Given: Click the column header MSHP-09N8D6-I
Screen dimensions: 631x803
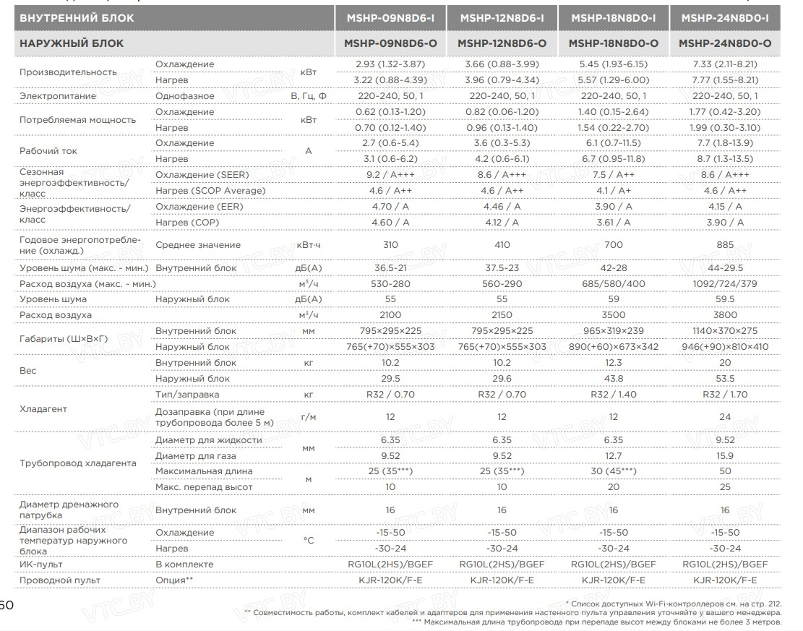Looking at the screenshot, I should [390, 17].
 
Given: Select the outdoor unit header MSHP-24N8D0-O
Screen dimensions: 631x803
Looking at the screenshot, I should [725, 43].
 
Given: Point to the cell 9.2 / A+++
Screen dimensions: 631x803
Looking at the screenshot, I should [390, 175].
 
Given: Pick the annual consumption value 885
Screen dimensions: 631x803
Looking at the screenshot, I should [725, 245].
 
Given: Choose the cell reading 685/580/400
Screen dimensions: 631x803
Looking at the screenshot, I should [614, 284].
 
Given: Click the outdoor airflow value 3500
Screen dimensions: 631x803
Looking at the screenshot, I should [614, 315].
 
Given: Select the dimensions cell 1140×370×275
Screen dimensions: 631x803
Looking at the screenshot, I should [725, 331].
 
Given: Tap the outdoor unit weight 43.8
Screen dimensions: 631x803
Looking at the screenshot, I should [614, 378].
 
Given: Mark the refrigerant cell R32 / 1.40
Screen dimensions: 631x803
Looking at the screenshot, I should [614, 395].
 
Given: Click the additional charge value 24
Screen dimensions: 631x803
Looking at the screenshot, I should [725, 417].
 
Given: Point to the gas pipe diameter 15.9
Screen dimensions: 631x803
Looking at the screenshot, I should [725, 456].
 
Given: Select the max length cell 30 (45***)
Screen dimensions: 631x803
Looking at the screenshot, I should [614, 471].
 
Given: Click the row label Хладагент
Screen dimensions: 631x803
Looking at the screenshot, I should [43, 409].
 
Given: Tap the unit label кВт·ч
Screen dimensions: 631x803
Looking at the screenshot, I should [309, 245].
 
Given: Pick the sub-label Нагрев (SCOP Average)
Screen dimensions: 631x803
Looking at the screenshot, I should [210, 191].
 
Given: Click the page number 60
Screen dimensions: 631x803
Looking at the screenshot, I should [6, 604].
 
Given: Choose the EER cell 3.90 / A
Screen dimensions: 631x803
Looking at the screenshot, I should [614, 207].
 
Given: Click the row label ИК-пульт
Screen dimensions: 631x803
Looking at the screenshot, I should [40, 565].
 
